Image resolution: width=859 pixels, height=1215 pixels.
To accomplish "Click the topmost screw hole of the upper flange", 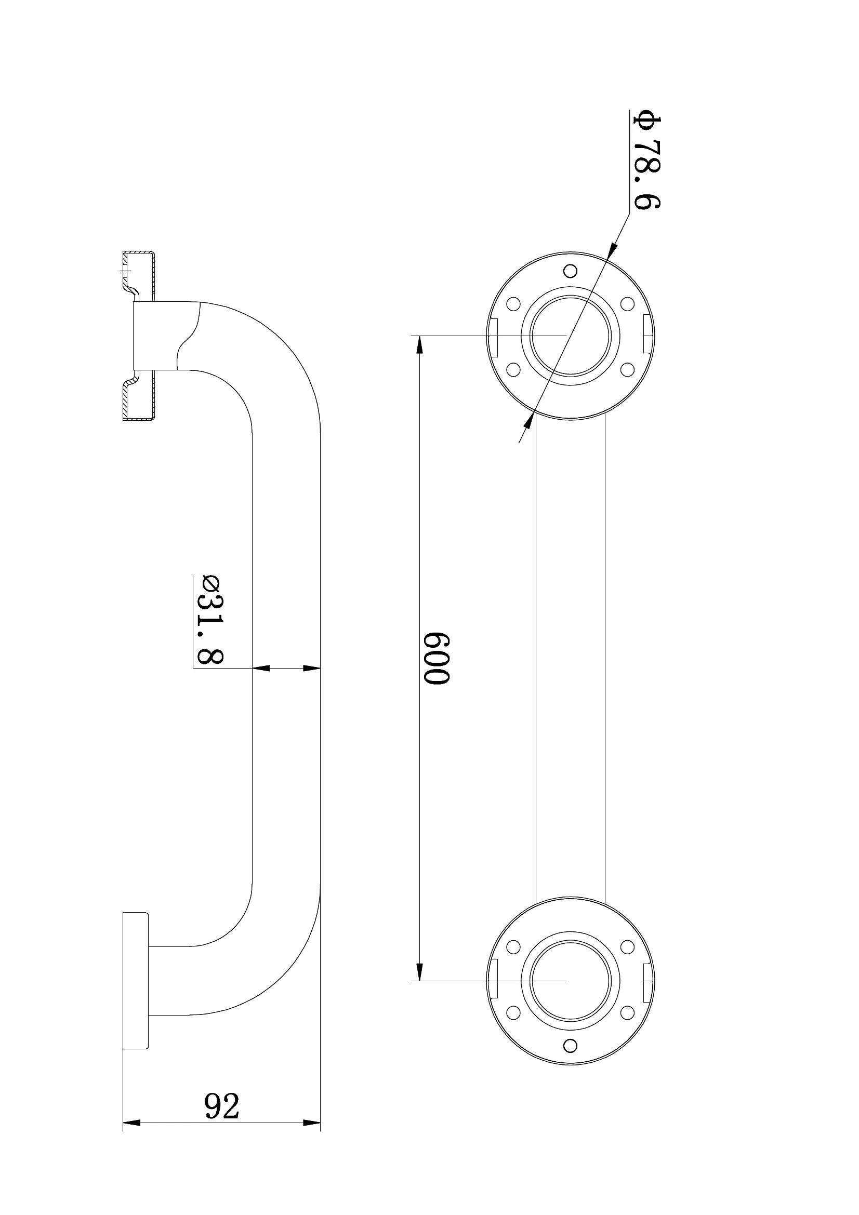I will pyautogui.click(x=570, y=271).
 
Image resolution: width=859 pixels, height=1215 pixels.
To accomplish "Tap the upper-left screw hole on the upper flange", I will pyautogui.click(x=513, y=304).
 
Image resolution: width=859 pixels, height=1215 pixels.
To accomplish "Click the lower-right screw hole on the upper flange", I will pyautogui.click(x=627, y=368).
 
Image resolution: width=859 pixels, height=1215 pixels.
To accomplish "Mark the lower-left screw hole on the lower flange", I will pyautogui.click(x=513, y=1012).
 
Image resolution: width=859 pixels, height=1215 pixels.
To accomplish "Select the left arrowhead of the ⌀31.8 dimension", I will pyautogui.click(x=261, y=669).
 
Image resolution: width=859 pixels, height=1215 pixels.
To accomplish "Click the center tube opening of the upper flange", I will pyautogui.click(x=570, y=336).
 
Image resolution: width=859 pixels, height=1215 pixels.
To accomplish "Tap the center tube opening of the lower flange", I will pyautogui.click(x=570, y=981).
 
